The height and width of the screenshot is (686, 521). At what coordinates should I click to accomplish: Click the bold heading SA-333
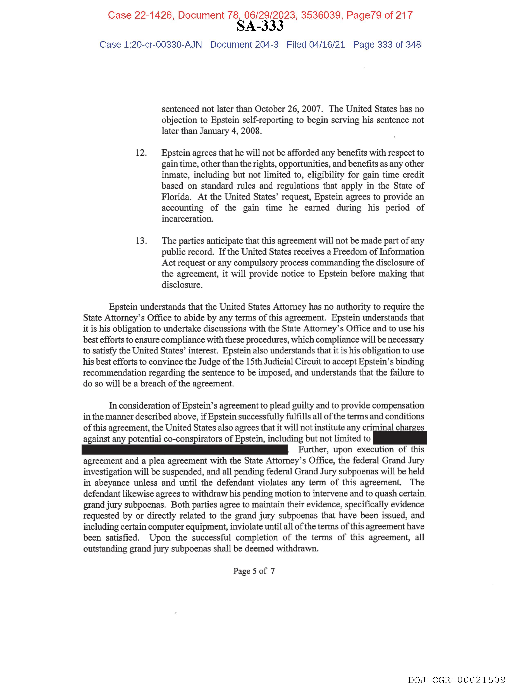click(260, 26)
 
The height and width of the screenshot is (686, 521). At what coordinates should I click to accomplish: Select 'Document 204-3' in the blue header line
click(244, 45)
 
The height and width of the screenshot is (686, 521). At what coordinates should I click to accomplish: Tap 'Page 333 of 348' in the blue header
click(387, 45)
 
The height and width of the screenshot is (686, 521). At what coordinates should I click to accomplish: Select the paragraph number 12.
click(141, 153)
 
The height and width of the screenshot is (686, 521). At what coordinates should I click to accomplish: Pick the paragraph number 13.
click(141, 241)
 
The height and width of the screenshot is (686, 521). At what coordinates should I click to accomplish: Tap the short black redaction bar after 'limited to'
click(400, 438)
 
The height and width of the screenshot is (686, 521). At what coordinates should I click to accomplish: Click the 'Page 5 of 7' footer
click(254, 571)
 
